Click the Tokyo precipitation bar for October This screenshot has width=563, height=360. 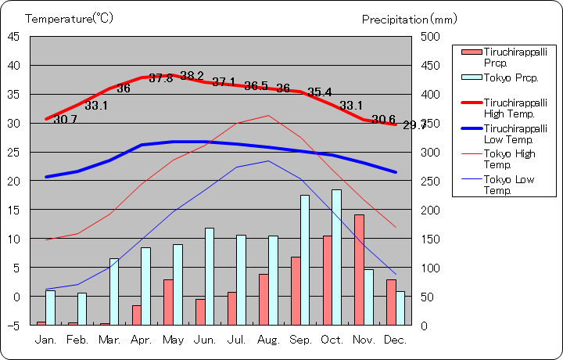(x=336, y=257)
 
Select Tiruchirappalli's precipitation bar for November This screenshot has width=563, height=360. (x=359, y=269)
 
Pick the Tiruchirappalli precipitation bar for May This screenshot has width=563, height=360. (x=168, y=301)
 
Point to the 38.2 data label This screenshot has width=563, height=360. (x=192, y=76)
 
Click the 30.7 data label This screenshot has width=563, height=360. (x=65, y=120)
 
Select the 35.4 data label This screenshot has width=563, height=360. (x=319, y=92)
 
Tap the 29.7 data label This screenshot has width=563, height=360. (x=415, y=125)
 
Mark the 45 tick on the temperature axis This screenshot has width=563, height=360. (x=14, y=36)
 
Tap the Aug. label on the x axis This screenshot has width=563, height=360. (x=268, y=340)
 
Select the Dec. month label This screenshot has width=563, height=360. (x=396, y=340)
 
